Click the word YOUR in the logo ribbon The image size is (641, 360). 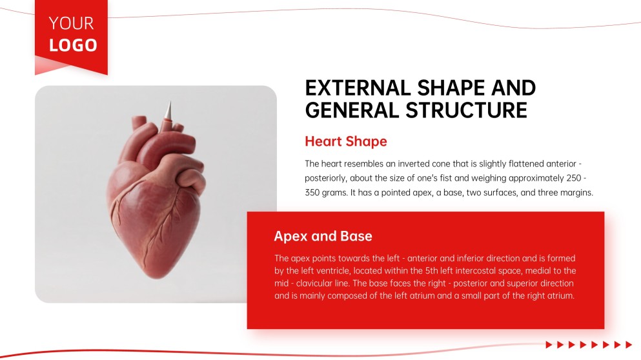pos(71,23)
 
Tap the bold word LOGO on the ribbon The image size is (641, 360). pos(73,45)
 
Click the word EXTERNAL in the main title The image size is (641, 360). pos(354,88)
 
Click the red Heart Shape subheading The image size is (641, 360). pos(345,141)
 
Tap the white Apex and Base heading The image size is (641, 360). pos(323,236)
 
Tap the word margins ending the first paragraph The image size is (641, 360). pos(576,193)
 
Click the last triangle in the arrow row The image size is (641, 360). pos(629,345)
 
